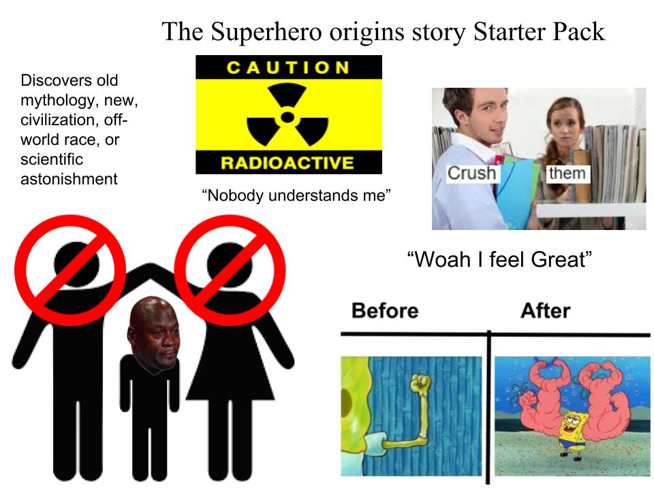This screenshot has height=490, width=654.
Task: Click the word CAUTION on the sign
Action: pyautogui.click(x=287, y=67)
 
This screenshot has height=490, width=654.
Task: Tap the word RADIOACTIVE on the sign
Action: pyautogui.click(x=288, y=163)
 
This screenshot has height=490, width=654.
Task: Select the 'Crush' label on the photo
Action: pyautogui.click(x=471, y=173)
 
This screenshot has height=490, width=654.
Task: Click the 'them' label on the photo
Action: pyautogui.click(x=567, y=173)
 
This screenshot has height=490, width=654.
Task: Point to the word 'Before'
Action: pyautogui.click(x=385, y=310)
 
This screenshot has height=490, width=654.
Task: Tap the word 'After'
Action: pyautogui.click(x=545, y=310)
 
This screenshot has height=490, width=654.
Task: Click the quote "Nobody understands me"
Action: pyautogui.click(x=296, y=196)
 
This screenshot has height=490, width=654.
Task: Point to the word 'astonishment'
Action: pyautogui.click(x=69, y=179)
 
